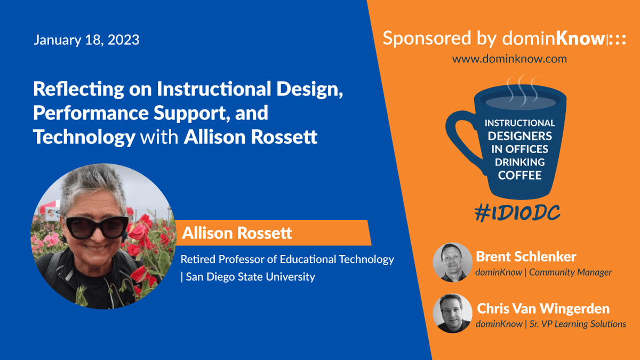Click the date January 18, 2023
pos(86,39)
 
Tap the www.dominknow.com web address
pos(509,59)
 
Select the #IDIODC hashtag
pos(517,213)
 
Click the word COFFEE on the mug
pos(519,175)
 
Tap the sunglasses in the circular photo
pos(97,227)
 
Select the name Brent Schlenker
pos(526,257)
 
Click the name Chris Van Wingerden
pos(543,309)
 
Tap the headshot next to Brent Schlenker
pos(452,262)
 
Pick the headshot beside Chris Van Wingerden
pos(452,314)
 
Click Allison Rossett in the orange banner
pos(237,233)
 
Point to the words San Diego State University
pos(250,277)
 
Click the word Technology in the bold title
pos(84,138)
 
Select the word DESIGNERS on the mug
pos(519,136)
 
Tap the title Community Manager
pos(570,273)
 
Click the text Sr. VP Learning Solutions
pos(578,324)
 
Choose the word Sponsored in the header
pos(427,38)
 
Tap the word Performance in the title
pos(91,113)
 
